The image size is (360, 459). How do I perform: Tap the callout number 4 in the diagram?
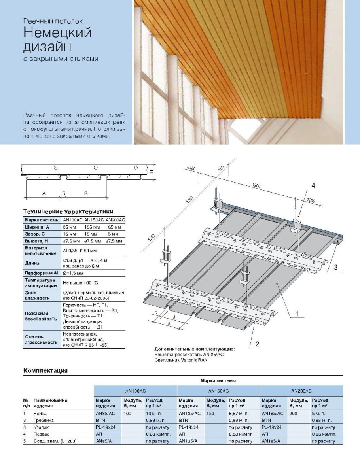tap(313, 185)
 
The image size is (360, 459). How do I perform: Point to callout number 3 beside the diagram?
tap(335, 267)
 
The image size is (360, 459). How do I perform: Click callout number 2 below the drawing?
tap(257, 344)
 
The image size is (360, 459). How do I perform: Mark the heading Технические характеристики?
tap(68, 212)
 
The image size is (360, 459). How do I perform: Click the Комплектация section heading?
tap(45, 370)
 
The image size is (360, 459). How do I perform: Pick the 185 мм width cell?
tap(114, 227)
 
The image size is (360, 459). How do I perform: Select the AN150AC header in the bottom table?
tap(218, 391)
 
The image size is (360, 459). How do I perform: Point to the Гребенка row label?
tap(44, 420)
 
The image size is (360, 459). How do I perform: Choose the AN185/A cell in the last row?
tap(271, 441)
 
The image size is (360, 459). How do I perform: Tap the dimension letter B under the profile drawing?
tap(85, 193)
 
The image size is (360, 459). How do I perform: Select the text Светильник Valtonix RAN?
tap(181, 360)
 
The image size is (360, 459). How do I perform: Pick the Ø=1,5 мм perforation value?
tap(72, 273)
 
